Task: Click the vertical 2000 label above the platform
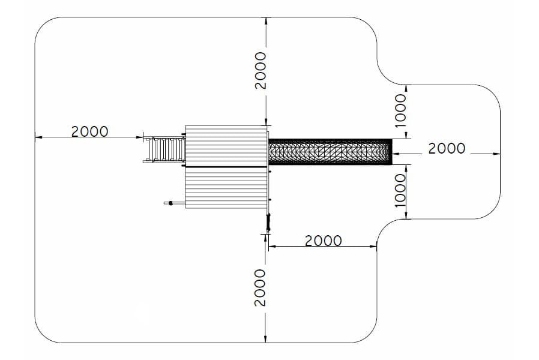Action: pos(260,71)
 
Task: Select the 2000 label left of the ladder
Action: pos(89,131)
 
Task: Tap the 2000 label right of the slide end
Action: pos(447,148)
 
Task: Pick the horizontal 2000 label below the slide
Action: pos(324,241)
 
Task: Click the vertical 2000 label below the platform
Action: pos(260,287)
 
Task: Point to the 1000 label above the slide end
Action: pos(400,111)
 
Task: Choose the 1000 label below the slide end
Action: pos(400,191)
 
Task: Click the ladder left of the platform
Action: pos(164,149)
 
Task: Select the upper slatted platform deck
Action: pos(226,146)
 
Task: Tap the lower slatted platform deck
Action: pos(226,188)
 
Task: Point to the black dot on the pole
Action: pos(170,203)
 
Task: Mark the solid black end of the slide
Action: pos(391,152)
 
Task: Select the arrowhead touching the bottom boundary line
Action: pos(265,339)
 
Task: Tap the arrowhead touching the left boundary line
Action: pos(38,137)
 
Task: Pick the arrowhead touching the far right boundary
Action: pos(496,154)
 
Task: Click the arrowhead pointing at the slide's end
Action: pos(396,154)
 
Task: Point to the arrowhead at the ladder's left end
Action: pos(140,137)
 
